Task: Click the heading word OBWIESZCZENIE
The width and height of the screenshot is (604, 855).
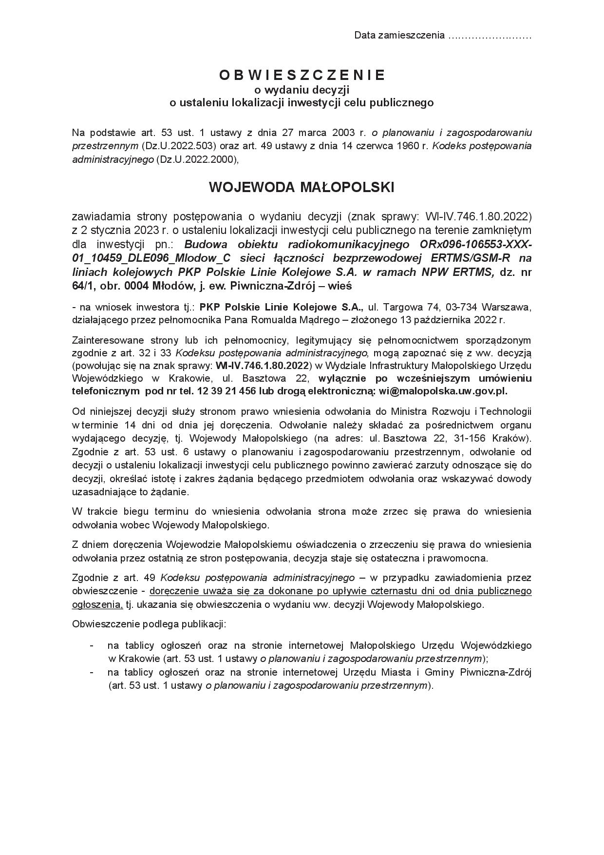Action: click(x=302, y=75)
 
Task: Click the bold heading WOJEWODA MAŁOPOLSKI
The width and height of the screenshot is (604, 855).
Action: click(x=302, y=188)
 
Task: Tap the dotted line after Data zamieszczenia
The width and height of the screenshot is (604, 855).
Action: click(x=489, y=36)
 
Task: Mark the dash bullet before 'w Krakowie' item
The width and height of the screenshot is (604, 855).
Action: click(x=92, y=645)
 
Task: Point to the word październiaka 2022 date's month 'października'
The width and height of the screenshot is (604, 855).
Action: click(x=459, y=320)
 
